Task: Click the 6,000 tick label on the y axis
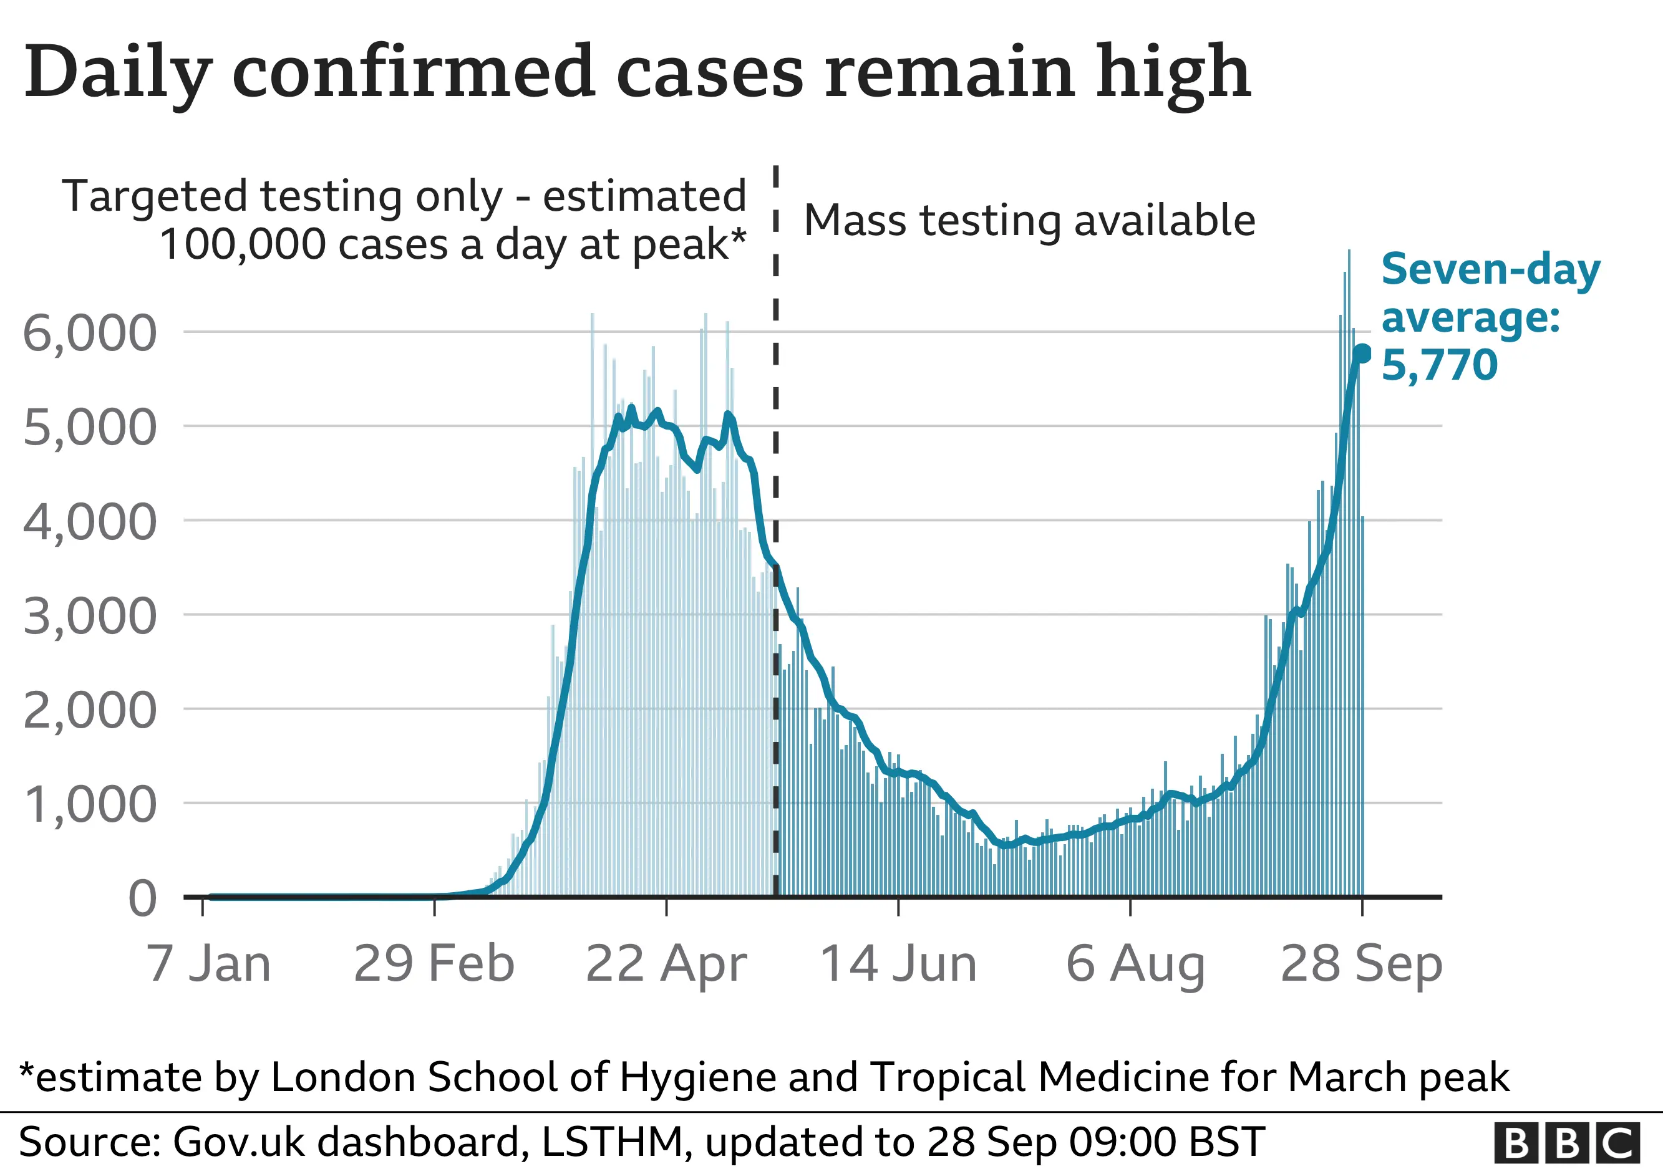[x=90, y=333]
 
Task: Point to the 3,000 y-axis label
[x=90, y=616]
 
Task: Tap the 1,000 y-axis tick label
[x=90, y=804]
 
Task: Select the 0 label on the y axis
[x=142, y=899]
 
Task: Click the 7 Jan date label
[x=208, y=963]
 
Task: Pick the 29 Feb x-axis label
[x=434, y=963]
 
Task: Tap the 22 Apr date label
[x=666, y=963]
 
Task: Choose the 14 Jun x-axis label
[x=898, y=963]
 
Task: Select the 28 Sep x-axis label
[x=1361, y=963]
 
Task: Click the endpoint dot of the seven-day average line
[x=1362, y=354]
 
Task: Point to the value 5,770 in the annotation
[x=1439, y=364]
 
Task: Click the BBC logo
[x=1568, y=1143]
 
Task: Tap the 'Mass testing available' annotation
[x=1029, y=220]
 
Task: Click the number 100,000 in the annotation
[x=243, y=244]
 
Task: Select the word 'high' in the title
[x=1173, y=72]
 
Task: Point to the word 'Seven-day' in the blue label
[x=1491, y=270]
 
